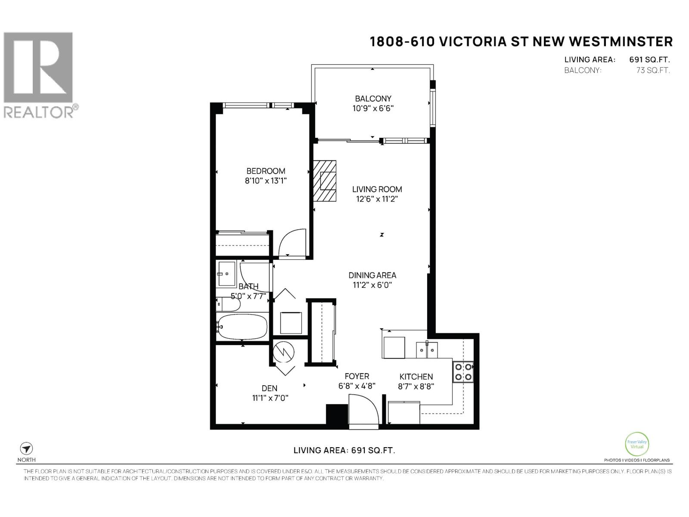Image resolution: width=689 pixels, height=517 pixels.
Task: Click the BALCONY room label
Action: pyautogui.click(x=373, y=99)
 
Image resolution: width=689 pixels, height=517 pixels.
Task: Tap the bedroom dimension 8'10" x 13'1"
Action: pyautogui.click(x=266, y=181)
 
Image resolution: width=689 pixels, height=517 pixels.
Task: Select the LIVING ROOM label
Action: pyautogui.click(x=377, y=189)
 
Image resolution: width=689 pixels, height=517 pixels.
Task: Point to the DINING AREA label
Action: pyautogui.click(x=372, y=275)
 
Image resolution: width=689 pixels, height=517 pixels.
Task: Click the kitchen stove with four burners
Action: pyautogui.click(x=462, y=372)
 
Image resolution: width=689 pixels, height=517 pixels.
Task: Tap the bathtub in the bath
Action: pyautogui.click(x=242, y=327)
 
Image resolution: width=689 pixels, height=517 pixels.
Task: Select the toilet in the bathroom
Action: pyautogui.click(x=228, y=304)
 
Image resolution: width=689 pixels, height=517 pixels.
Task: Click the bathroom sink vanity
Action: pyautogui.click(x=227, y=274)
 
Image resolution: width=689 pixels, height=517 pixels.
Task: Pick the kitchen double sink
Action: pyautogui.click(x=427, y=350)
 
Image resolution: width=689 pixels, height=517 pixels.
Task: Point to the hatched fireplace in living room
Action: pyautogui.click(x=325, y=181)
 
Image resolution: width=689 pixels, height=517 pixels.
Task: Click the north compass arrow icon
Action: pyautogui.click(x=26, y=448)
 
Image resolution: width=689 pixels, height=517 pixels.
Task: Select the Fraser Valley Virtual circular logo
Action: pyautogui.click(x=637, y=444)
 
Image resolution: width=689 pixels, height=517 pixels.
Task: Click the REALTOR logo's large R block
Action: pyautogui.click(x=38, y=67)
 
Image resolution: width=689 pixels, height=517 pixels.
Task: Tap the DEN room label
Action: pyautogui.click(x=269, y=388)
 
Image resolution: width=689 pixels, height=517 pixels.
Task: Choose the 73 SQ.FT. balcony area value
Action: pyautogui.click(x=653, y=70)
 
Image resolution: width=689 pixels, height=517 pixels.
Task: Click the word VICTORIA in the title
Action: pyautogui.click(x=472, y=42)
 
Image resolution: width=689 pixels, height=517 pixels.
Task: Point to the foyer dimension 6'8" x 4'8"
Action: pyautogui.click(x=357, y=386)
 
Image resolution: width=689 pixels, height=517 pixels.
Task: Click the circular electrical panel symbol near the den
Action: pyautogui.click(x=283, y=352)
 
